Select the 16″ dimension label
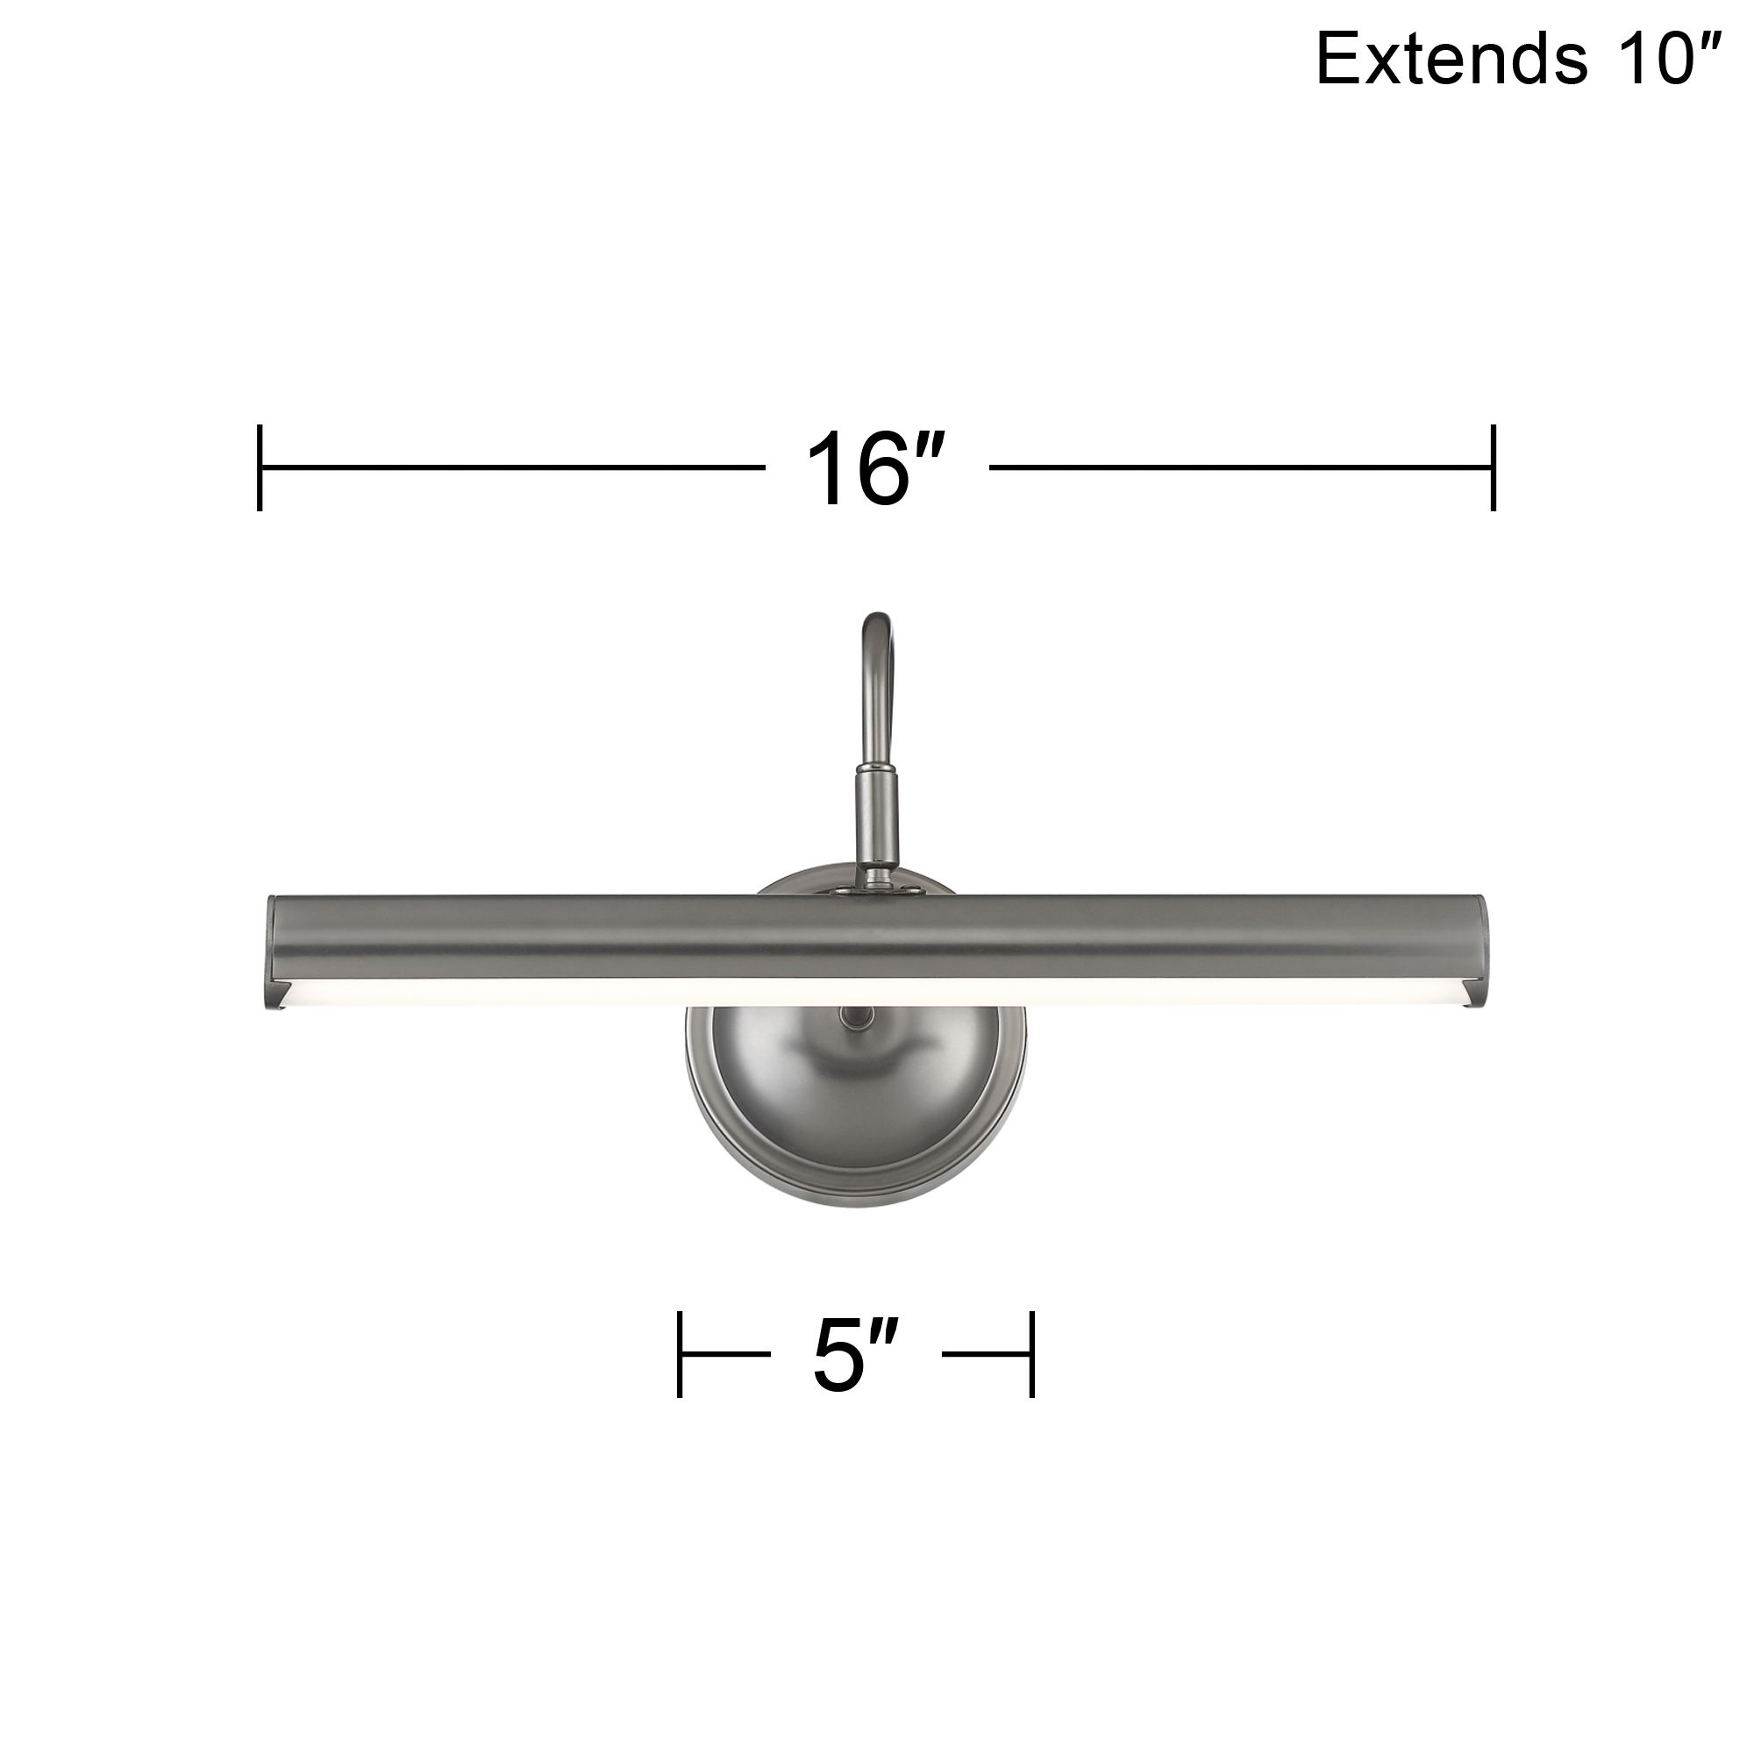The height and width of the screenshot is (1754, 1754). coord(876,470)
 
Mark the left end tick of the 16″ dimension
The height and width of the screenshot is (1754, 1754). coord(260,467)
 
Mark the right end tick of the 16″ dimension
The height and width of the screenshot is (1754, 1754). coord(1494,467)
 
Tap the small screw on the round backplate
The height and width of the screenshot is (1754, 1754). coord(849,1016)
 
